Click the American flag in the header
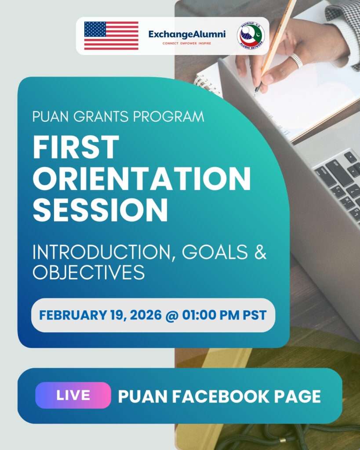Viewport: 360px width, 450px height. click(x=111, y=36)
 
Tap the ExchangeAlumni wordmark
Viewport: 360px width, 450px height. click(x=187, y=34)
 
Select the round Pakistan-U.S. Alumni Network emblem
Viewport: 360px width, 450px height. click(x=251, y=36)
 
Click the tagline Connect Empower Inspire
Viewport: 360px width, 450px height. click(x=187, y=44)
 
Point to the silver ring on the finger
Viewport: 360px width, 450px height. click(x=297, y=61)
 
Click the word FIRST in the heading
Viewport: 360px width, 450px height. click(x=76, y=147)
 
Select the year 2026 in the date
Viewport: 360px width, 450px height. click(x=146, y=315)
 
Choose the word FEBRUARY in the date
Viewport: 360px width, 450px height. click(x=73, y=315)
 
